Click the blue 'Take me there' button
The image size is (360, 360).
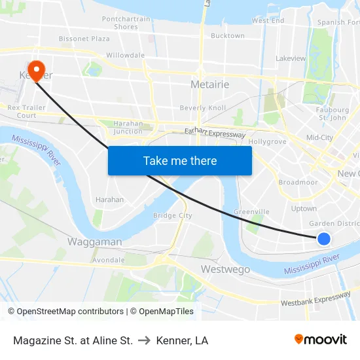[180, 160]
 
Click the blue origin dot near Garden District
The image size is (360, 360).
[323, 239]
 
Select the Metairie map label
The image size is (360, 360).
[209, 84]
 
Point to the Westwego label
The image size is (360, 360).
[225, 269]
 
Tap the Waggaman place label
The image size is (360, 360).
[94, 242]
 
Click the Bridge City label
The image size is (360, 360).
[172, 215]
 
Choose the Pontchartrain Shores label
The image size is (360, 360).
[126, 23]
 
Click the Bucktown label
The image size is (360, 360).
[228, 36]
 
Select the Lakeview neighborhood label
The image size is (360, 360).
[291, 58]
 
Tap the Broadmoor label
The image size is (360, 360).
[298, 183]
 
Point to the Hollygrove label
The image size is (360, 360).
[268, 141]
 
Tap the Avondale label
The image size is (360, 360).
[109, 260]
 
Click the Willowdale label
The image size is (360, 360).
[125, 56]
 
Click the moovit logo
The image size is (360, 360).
[320, 340]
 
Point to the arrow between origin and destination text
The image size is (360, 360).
[145, 340]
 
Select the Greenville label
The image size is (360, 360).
[252, 212]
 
